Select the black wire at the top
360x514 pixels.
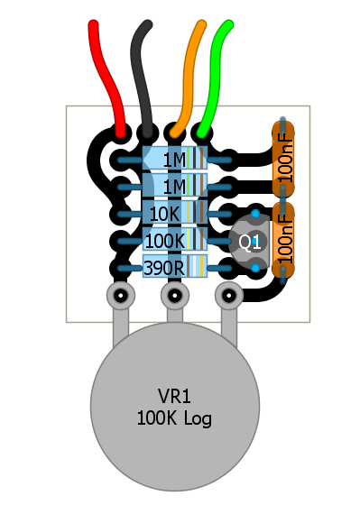(x=142, y=77)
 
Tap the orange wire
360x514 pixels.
(x=189, y=77)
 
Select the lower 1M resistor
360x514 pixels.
(x=175, y=185)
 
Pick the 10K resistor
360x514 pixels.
(x=175, y=212)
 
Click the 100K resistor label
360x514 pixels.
(x=165, y=242)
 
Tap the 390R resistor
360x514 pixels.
(x=175, y=266)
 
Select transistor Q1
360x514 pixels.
(x=250, y=242)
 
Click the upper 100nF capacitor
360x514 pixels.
(x=283, y=159)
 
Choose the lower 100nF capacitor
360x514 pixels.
(x=283, y=239)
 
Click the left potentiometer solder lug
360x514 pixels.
(x=121, y=296)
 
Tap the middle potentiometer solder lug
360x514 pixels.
(x=175, y=296)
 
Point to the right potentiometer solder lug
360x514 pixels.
(x=229, y=296)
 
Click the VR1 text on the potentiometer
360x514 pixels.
(x=174, y=396)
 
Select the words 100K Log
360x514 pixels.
(x=174, y=419)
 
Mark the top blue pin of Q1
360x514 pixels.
(x=255, y=214)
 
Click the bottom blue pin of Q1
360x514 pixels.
(x=255, y=268)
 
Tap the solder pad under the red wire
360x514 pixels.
(x=121, y=133)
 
